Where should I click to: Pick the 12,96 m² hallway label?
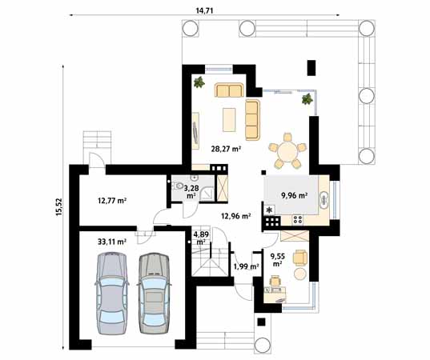236,216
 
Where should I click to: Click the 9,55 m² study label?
277,258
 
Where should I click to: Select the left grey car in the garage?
111,292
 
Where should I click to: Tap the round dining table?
284,150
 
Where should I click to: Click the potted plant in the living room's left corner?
197,82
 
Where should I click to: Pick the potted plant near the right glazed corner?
306,100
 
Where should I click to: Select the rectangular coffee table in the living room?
230,120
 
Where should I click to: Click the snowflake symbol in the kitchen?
270,210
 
